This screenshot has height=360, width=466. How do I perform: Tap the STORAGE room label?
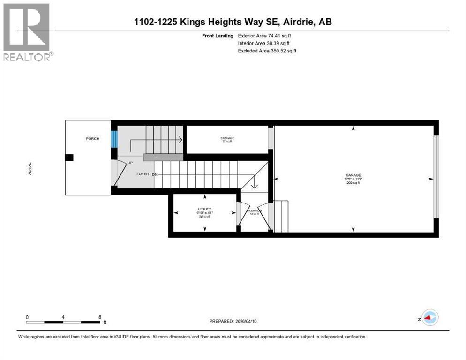227,138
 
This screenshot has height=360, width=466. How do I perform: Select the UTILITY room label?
204,209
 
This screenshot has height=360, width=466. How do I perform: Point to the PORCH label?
92,139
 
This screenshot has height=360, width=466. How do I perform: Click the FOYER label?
143,174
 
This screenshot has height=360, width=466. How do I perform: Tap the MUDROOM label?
254,211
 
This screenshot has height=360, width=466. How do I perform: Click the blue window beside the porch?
114,139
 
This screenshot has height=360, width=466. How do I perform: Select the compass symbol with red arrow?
429,317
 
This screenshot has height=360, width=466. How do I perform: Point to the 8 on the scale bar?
100,317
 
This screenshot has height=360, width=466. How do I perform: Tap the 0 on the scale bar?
27,317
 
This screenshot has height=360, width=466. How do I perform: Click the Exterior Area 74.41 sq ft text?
267,35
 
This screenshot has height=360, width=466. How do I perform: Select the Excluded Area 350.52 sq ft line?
267,51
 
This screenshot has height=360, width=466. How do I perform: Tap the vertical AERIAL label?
30,169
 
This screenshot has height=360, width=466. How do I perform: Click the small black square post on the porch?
69,158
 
